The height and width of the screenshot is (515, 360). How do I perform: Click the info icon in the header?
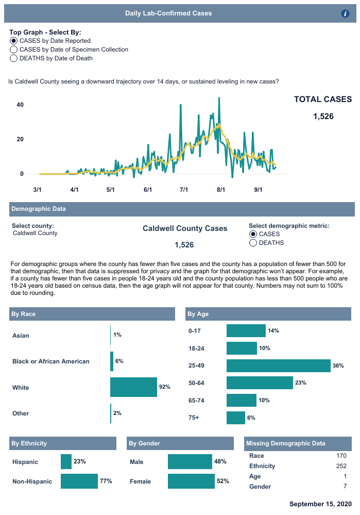point(346,14)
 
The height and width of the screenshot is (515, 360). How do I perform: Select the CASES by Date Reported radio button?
point(13,41)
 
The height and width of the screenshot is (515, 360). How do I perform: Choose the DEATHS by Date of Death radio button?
point(13,58)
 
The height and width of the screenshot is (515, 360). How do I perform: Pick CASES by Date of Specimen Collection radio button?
point(13,49)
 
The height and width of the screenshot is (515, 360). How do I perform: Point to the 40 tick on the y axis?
point(21,105)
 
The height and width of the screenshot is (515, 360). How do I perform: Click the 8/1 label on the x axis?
point(221,190)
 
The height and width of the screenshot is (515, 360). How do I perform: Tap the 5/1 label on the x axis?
point(110,190)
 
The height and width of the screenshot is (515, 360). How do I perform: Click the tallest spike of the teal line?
point(219,98)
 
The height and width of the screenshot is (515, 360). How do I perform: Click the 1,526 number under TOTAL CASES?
point(323,117)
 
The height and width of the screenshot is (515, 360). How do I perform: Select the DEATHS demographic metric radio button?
point(253,243)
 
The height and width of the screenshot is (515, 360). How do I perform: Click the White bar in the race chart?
point(133,387)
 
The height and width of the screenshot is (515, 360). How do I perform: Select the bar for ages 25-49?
point(278,366)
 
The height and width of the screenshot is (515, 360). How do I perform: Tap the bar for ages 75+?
point(236,418)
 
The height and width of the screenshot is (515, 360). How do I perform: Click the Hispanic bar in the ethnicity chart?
point(66,462)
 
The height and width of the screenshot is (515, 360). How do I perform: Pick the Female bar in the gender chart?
point(191,481)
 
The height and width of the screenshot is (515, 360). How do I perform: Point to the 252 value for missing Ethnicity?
point(341,466)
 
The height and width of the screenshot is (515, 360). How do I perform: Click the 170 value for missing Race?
point(341,456)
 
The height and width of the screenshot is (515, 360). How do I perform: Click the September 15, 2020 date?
point(320,504)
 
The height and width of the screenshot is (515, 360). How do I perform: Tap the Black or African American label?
point(51,361)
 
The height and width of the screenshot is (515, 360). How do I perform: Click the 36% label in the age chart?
point(338,366)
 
